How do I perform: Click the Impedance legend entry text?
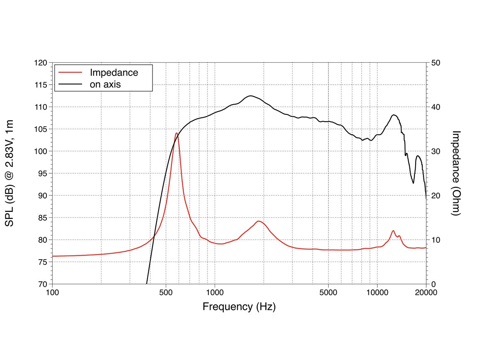114,72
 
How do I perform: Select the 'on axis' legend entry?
105,84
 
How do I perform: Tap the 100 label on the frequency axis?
52,292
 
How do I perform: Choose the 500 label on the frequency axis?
166,292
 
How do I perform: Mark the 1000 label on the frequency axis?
215,292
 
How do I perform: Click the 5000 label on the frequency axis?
328,292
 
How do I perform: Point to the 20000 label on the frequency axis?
426,292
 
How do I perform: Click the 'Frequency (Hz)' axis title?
239,307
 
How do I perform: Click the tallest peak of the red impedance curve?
177,133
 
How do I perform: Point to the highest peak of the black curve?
250,96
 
